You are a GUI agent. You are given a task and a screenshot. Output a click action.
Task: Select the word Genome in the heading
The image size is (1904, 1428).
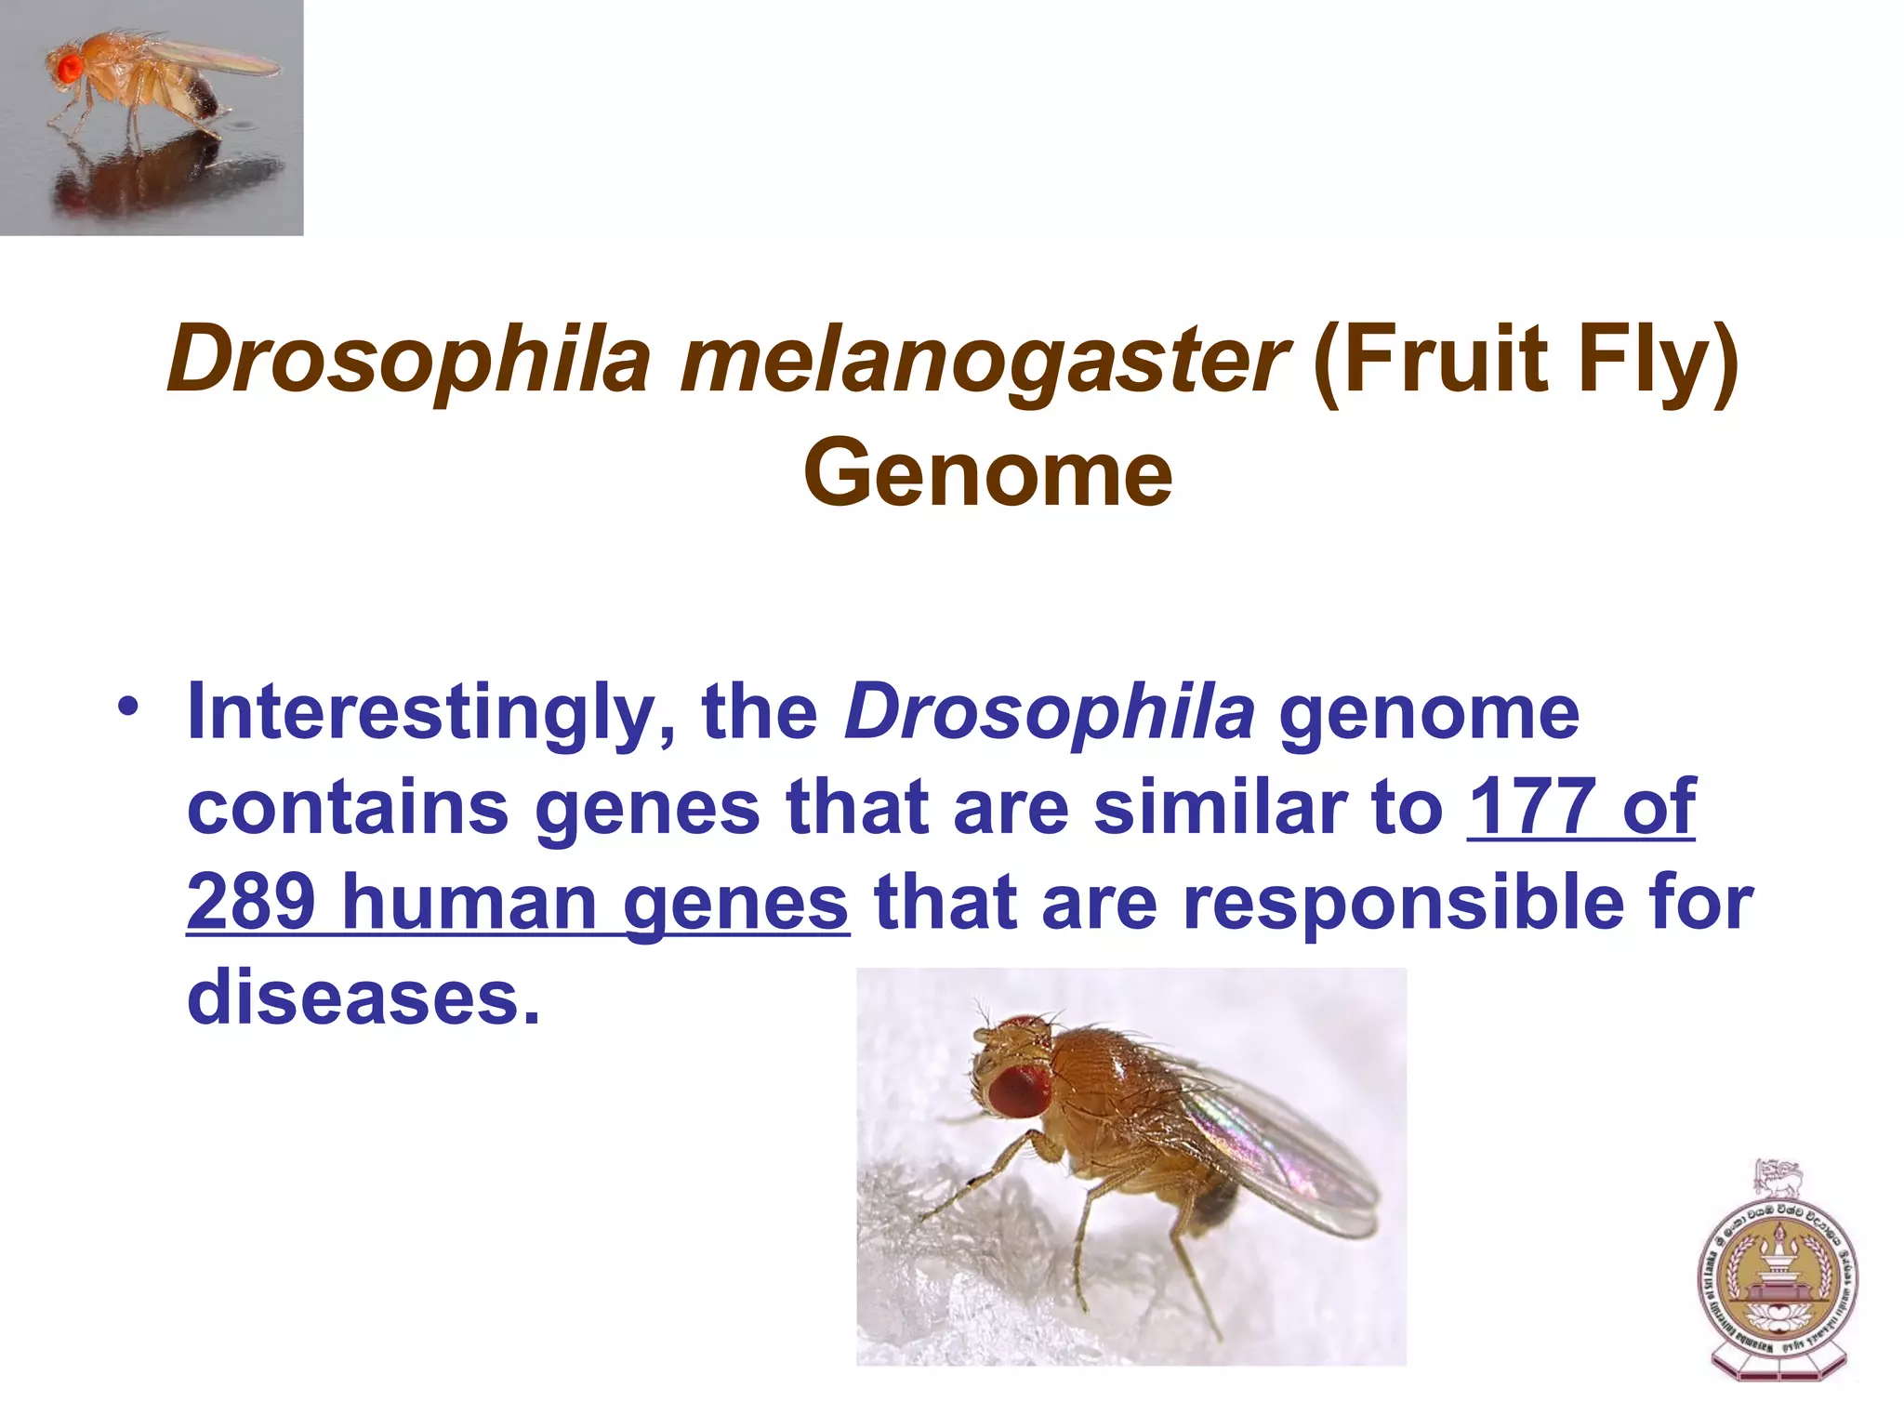[x=987, y=475]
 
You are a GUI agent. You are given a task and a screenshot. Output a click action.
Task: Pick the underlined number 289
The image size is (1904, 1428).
[x=251, y=902]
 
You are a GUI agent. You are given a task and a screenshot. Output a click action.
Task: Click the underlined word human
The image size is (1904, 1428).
[x=469, y=902]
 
